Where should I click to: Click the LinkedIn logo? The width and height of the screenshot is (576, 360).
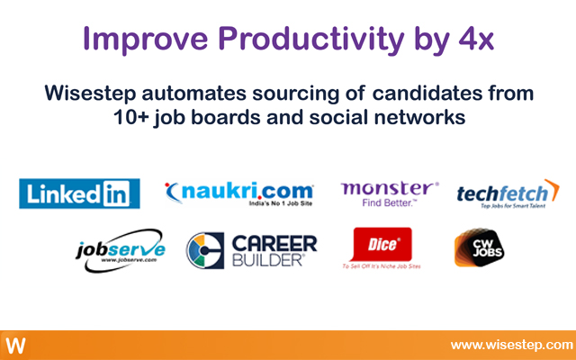point(79,193)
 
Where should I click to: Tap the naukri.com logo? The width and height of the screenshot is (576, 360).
point(239,192)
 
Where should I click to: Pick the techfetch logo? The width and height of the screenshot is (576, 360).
point(508,193)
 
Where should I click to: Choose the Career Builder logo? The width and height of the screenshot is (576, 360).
point(251,249)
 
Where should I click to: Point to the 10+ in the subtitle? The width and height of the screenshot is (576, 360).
point(133,116)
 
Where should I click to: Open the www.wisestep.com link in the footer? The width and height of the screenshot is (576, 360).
point(510,345)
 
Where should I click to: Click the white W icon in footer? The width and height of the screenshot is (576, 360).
point(15,346)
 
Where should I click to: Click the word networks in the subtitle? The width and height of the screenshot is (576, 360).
point(418,116)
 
